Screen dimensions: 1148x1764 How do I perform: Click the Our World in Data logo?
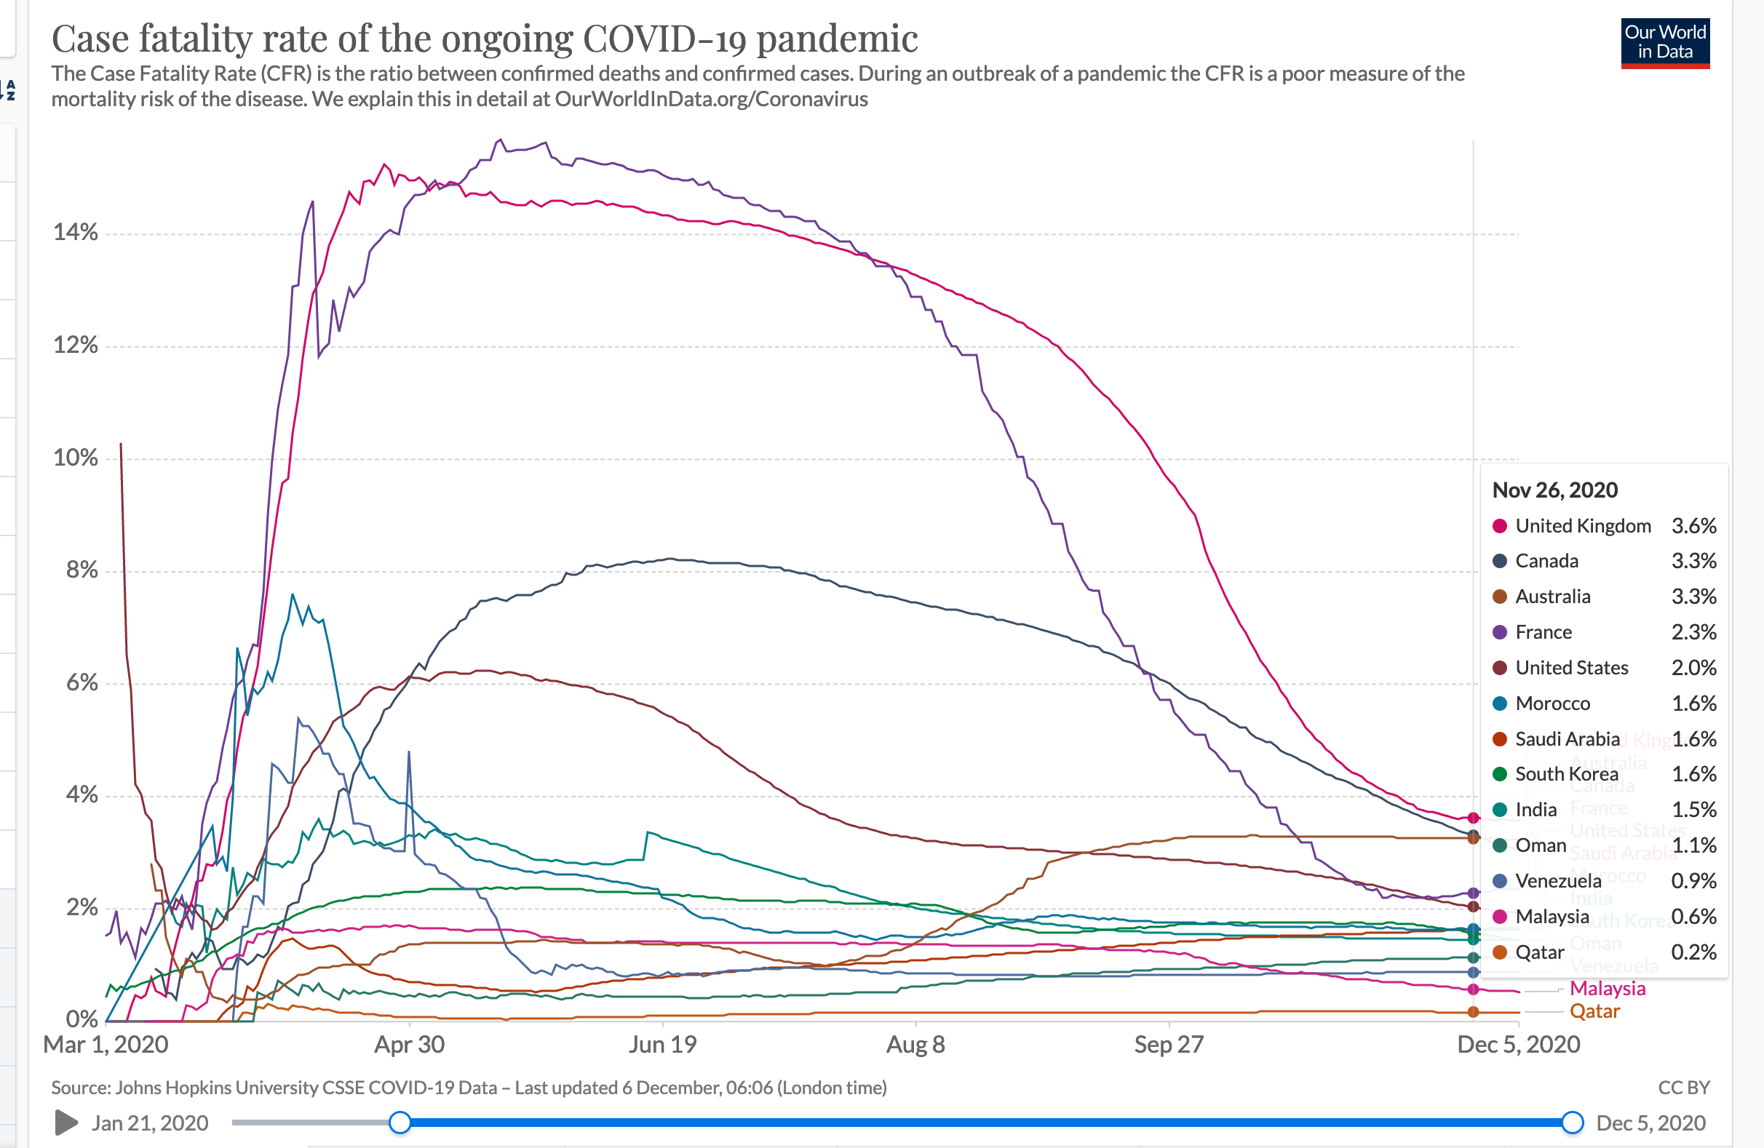(1665, 43)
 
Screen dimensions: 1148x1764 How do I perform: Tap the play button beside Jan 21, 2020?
(66, 1123)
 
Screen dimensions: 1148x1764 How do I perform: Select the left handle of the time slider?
(400, 1123)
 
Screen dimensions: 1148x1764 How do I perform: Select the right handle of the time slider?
(1572, 1123)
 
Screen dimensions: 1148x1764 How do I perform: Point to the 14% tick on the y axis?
(75, 233)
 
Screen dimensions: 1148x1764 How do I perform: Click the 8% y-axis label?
(82, 570)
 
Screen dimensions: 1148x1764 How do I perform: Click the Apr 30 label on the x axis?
(409, 1044)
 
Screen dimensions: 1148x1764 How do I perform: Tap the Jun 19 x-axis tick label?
(663, 1044)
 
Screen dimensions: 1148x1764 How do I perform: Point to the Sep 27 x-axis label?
(1169, 1044)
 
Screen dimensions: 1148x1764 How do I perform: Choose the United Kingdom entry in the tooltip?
(1582, 526)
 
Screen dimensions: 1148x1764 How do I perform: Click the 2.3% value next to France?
(1693, 632)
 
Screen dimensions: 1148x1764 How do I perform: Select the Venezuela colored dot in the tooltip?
(1499, 881)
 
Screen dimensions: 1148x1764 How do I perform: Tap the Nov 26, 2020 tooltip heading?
(1554, 490)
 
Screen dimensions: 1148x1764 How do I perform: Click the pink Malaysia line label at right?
(1607, 989)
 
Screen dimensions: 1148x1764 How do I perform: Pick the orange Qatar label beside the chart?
(1594, 1011)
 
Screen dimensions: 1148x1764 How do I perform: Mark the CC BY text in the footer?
(1683, 1087)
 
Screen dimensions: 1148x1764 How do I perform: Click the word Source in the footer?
(80, 1087)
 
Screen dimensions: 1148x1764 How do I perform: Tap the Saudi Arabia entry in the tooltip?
(1567, 739)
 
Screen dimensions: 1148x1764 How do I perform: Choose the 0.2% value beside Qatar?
(1693, 952)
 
